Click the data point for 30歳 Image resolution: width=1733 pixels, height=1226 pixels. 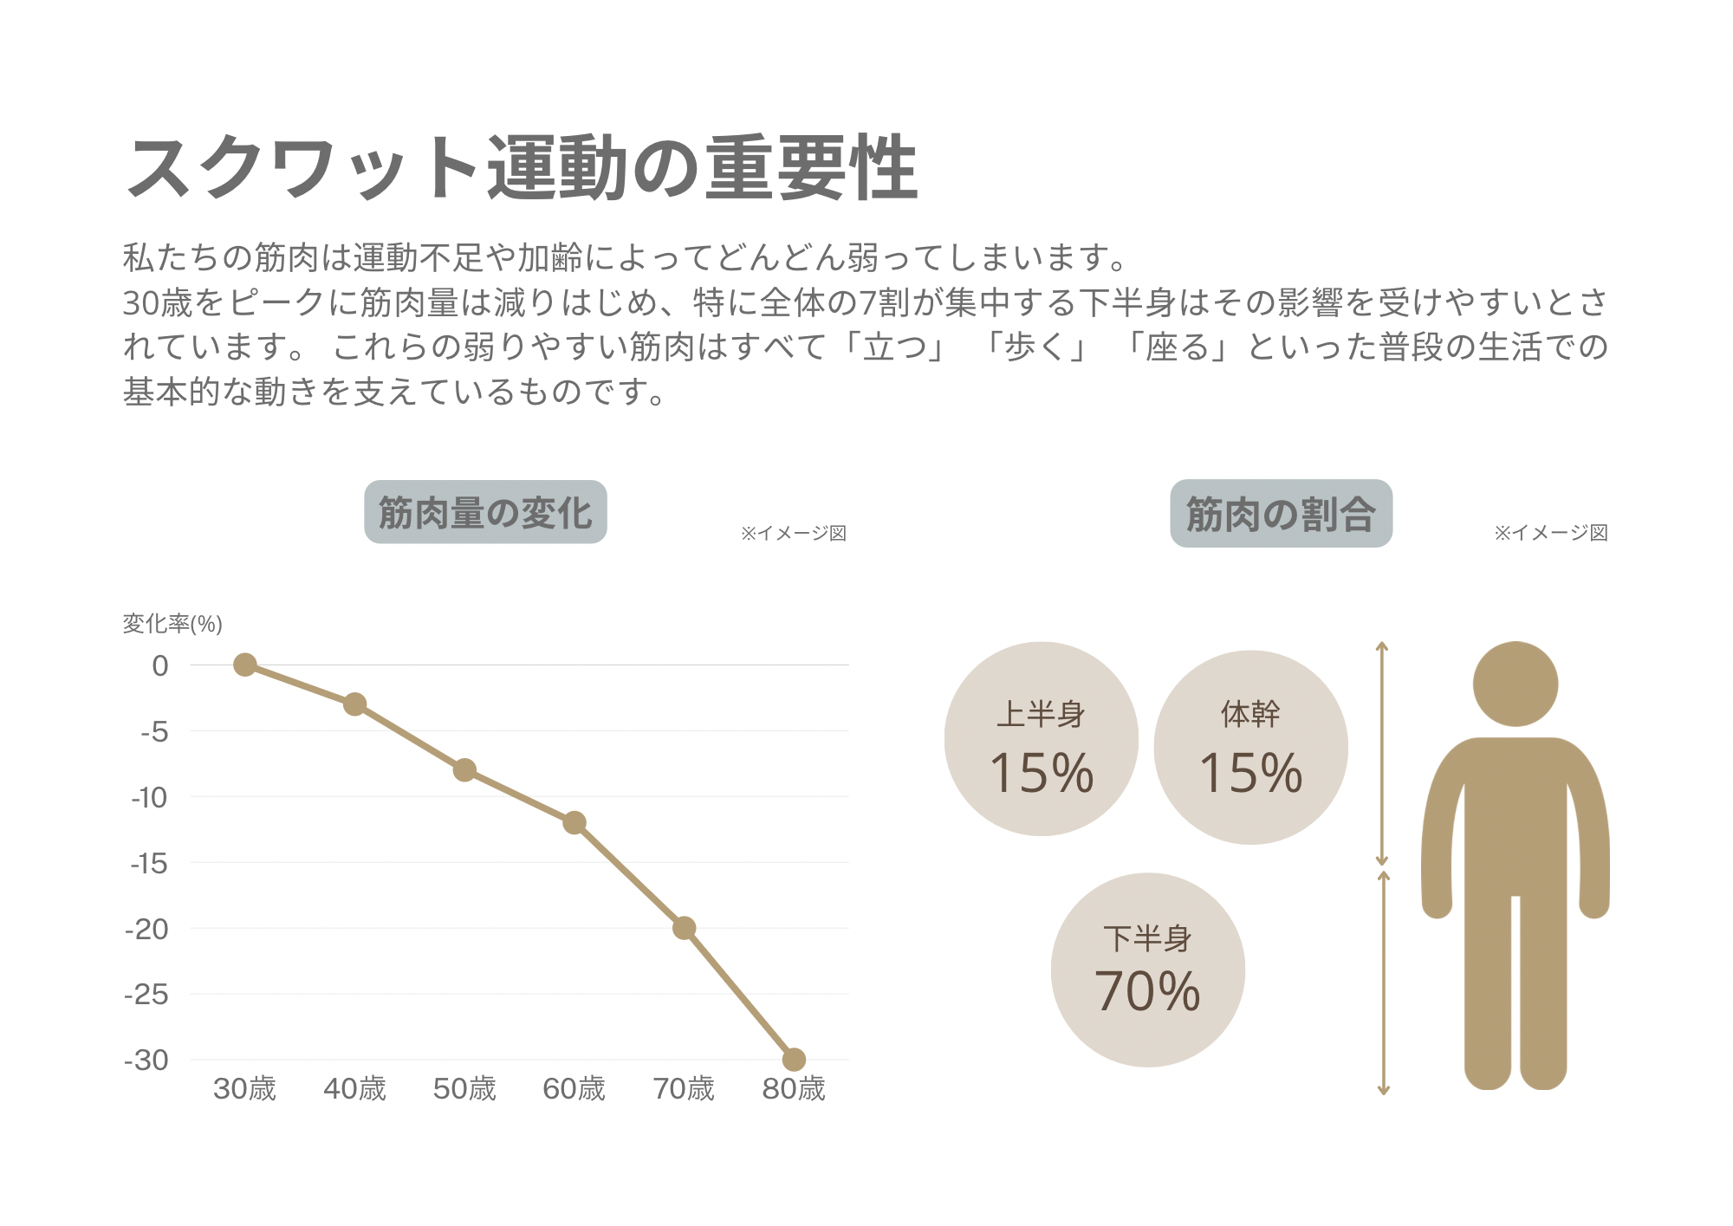click(x=245, y=665)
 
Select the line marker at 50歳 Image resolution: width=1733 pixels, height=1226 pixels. click(x=464, y=769)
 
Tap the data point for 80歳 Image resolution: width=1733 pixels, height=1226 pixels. click(x=794, y=1059)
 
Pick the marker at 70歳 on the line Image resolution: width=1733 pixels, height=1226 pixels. click(x=684, y=928)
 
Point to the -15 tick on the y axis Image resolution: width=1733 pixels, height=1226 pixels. click(x=149, y=863)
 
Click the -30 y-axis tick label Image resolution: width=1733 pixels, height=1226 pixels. click(x=146, y=1060)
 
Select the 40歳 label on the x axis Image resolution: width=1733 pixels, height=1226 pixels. click(x=354, y=1088)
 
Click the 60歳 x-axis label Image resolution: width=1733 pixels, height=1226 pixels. click(x=574, y=1088)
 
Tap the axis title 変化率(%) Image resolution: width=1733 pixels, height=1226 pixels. click(x=172, y=624)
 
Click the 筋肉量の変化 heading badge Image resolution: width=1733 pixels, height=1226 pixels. click(x=485, y=512)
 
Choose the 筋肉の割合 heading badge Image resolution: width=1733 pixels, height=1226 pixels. click(x=1281, y=514)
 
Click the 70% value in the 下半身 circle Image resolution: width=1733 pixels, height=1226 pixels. click(x=1147, y=991)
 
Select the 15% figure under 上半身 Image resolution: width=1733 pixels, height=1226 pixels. click(x=1041, y=773)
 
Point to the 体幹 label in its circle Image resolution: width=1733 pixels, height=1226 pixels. click(x=1250, y=714)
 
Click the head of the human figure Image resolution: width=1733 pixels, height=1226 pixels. click(x=1516, y=684)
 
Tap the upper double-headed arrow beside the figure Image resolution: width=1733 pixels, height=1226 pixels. click(x=1382, y=754)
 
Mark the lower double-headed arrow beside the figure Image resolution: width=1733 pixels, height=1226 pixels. click(x=1384, y=983)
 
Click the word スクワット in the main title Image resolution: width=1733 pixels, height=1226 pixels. click(x=303, y=168)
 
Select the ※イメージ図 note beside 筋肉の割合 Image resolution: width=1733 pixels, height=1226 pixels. click(x=1551, y=533)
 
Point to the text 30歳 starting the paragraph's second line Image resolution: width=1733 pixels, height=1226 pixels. click(x=157, y=302)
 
